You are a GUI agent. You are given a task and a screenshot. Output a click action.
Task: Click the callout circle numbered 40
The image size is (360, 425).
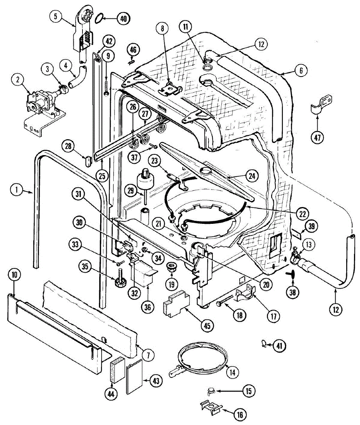pos(123,18)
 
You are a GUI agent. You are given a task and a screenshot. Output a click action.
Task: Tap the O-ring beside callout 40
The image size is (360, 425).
pos(101,16)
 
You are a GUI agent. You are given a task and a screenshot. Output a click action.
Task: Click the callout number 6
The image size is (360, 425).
pos(301,70)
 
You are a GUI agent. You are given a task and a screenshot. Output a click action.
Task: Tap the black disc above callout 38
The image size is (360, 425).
pos(293,274)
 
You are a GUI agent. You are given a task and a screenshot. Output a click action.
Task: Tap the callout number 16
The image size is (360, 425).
pos(240,415)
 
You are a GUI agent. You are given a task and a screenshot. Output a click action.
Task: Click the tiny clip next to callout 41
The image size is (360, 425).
pos(263,343)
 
